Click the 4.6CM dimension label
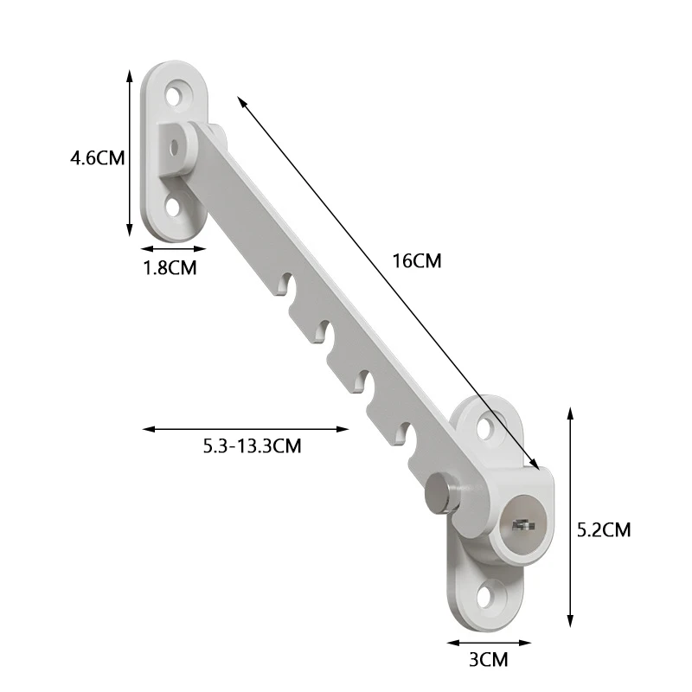pos(98,157)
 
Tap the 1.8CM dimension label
pos(170,268)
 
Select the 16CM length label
pos(417,261)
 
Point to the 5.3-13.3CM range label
pos(252,445)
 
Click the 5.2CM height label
pos(604,529)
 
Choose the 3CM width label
pos(488,660)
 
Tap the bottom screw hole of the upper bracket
pos(174,207)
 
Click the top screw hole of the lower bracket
pos(486,426)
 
